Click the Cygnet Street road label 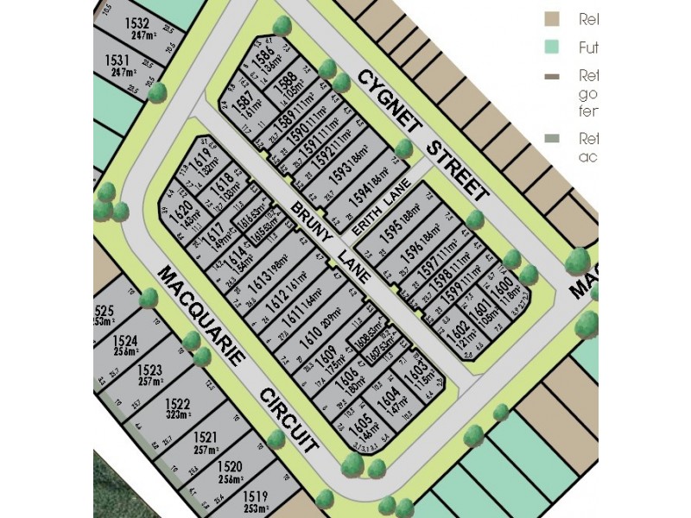(424, 135)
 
